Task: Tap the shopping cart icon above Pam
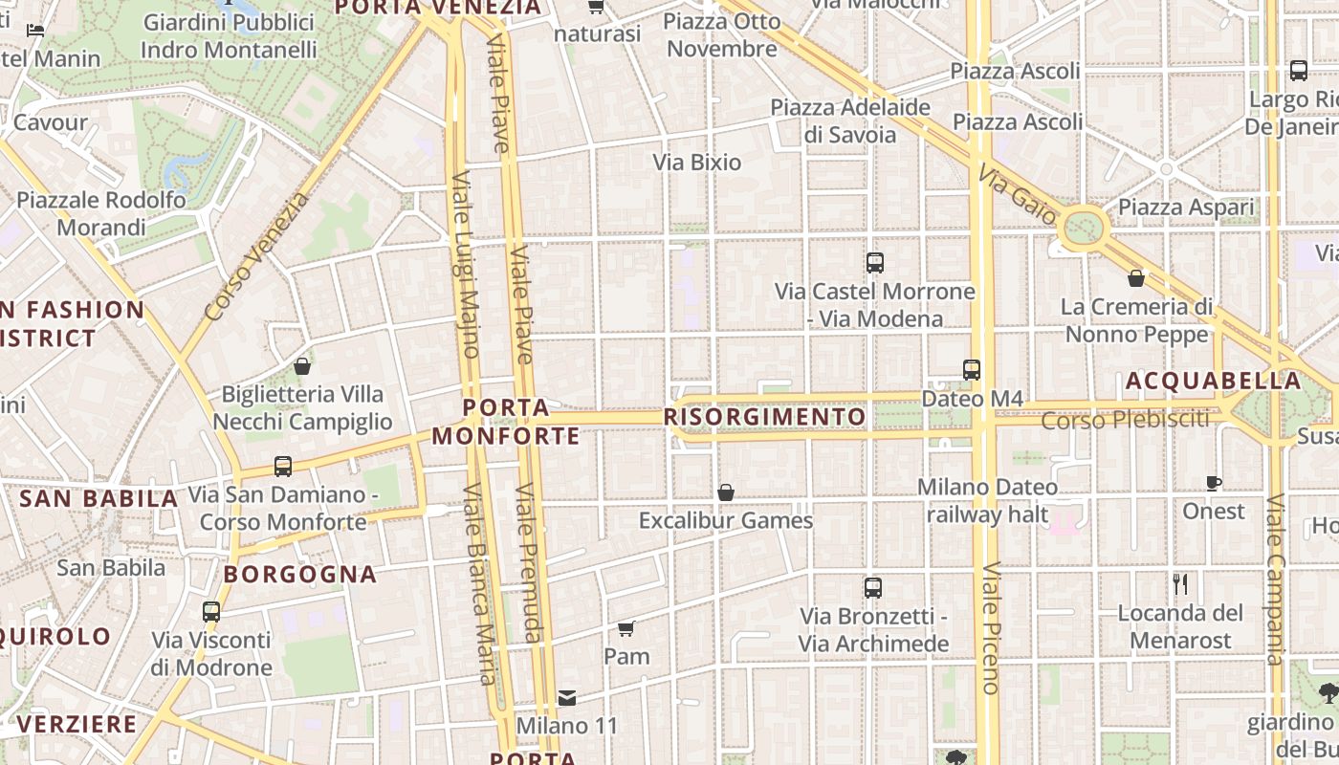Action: pyautogui.click(x=626, y=628)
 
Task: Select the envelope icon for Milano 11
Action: pyautogui.click(x=567, y=698)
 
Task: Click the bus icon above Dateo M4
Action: pyautogui.click(x=972, y=369)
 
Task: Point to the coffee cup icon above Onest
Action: pyautogui.click(x=1214, y=483)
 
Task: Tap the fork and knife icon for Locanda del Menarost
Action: pyautogui.click(x=1180, y=584)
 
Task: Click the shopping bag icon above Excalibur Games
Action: pyautogui.click(x=726, y=492)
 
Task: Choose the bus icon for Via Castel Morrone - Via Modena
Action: pyautogui.click(x=874, y=263)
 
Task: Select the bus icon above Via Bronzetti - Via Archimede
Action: pyautogui.click(x=873, y=588)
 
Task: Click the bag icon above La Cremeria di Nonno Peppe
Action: pyautogui.click(x=1136, y=278)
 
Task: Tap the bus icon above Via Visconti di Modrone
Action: pyautogui.click(x=211, y=612)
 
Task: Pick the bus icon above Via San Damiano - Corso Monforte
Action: pyautogui.click(x=283, y=467)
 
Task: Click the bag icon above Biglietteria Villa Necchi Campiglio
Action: pyautogui.click(x=302, y=366)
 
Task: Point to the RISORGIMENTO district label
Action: pyautogui.click(x=764, y=417)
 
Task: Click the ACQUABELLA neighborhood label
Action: pyautogui.click(x=1213, y=381)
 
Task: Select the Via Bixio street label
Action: pyautogui.click(x=697, y=163)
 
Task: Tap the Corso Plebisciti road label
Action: pyautogui.click(x=1125, y=420)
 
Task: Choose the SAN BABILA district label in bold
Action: pyautogui.click(x=99, y=498)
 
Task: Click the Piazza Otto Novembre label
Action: pyautogui.click(x=722, y=34)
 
